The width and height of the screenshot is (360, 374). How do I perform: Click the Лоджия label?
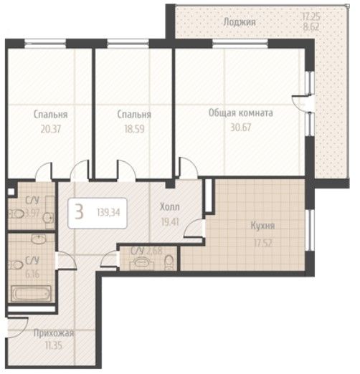[x=240, y=23]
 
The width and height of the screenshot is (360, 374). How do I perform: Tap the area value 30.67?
[x=241, y=128]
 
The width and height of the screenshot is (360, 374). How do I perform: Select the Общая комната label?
[x=241, y=112]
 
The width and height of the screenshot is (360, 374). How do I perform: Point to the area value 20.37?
[x=51, y=129]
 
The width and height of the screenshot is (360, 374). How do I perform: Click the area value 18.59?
[x=134, y=129]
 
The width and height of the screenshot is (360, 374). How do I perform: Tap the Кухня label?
[x=262, y=226]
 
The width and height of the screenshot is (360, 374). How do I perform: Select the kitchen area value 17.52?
[x=263, y=243]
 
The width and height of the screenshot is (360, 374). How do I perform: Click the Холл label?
[x=170, y=207]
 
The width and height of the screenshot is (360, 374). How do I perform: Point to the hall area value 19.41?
[x=170, y=222]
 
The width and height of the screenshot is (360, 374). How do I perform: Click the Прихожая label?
[x=54, y=333]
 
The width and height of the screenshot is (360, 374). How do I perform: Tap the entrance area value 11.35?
[x=54, y=345]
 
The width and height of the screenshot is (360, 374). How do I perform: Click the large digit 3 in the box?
[x=79, y=212]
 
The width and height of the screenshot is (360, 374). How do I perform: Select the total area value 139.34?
[x=108, y=212]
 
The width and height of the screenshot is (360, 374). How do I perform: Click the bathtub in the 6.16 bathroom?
[x=31, y=293]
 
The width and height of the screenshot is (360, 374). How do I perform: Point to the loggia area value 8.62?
[x=311, y=27]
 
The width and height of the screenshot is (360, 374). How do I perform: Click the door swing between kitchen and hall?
[x=193, y=228]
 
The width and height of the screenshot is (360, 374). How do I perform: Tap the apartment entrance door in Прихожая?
[x=18, y=327]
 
